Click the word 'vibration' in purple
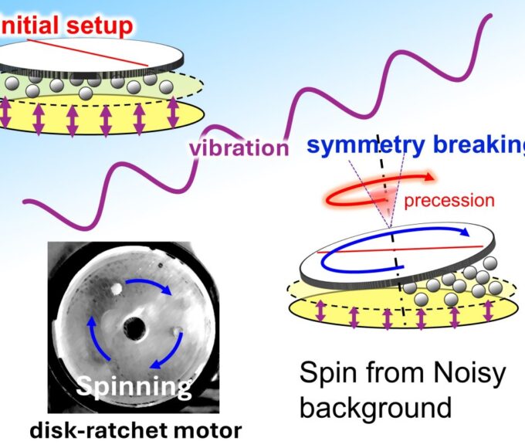(x=239, y=146)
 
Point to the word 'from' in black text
(x=393, y=374)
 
